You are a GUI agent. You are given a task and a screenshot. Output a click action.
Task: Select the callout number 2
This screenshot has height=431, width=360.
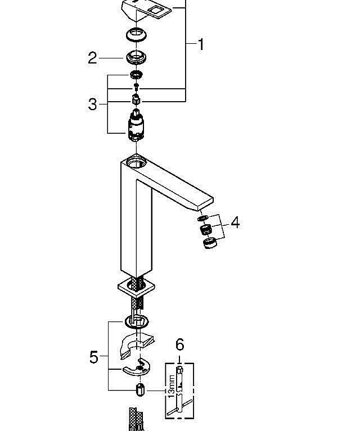coord(93,58)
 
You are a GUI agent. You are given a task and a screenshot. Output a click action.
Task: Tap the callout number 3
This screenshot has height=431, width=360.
coord(93,104)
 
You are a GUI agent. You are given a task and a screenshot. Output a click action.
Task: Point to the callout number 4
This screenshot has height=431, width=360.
coord(235,223)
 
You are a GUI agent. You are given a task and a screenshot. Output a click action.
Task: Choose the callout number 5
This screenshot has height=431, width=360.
coord(93,357)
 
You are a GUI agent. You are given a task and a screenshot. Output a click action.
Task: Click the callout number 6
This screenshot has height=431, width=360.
coord(179,344)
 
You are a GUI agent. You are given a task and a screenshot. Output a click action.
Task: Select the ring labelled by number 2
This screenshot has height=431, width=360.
coord(136,57)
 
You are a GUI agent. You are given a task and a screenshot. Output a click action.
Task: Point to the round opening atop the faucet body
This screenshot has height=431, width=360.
coord(136,163)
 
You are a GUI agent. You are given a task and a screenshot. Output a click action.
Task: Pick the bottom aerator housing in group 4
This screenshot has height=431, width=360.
coord(209,242)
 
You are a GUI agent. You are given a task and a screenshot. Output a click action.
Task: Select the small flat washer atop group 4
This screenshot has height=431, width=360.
coord(202,217)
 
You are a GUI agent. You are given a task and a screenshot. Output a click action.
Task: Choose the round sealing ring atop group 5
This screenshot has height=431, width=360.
coord(136,322)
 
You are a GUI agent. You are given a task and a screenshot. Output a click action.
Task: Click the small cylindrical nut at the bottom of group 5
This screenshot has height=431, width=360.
coord(139,390)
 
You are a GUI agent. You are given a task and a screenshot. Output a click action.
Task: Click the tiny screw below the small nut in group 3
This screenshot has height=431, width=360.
coord(136,87)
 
